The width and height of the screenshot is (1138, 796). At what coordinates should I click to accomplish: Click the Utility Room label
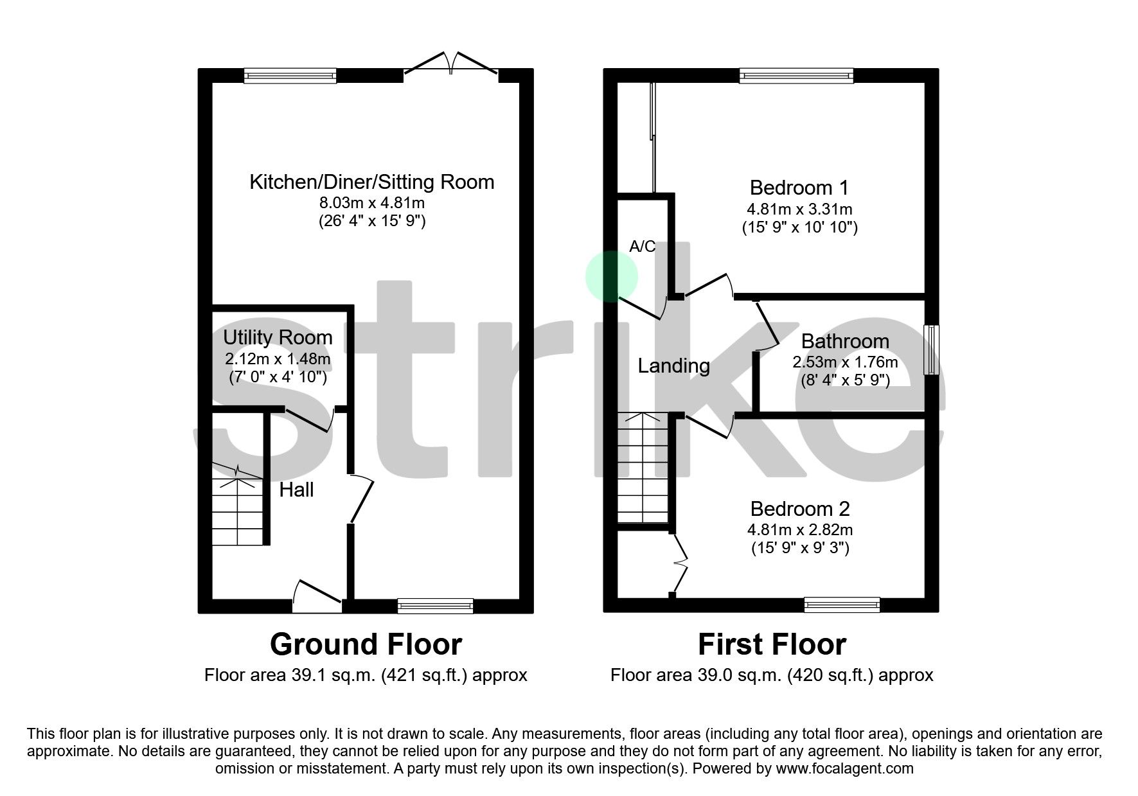[x=278, y=337]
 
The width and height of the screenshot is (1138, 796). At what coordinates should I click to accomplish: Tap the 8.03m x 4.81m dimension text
[x=372, y=203]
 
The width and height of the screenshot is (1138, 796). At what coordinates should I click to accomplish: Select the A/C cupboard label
[x=642, y=246]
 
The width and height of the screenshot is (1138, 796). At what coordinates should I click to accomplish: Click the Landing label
[x=673, y=366]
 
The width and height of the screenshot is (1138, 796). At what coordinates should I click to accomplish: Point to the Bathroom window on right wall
[x=931, y=350]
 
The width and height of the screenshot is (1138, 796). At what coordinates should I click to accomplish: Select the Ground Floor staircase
[x=238, y=508]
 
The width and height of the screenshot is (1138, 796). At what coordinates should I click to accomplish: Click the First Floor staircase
[x=642, y=469]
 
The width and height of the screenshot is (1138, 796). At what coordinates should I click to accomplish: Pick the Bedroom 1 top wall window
[x=796, y=76]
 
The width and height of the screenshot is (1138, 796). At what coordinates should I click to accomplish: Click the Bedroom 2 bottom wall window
[x=842, y=605]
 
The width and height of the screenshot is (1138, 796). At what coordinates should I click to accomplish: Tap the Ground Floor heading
[x=366, y=644]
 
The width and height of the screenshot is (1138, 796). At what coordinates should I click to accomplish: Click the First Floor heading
[x=772, y=644]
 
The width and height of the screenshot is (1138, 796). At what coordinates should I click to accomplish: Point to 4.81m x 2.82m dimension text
[x=800, y=530]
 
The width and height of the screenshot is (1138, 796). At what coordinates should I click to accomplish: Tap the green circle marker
[x=611, y=277]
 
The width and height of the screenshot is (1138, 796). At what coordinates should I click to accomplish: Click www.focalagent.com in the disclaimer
[x=844, y=768]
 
